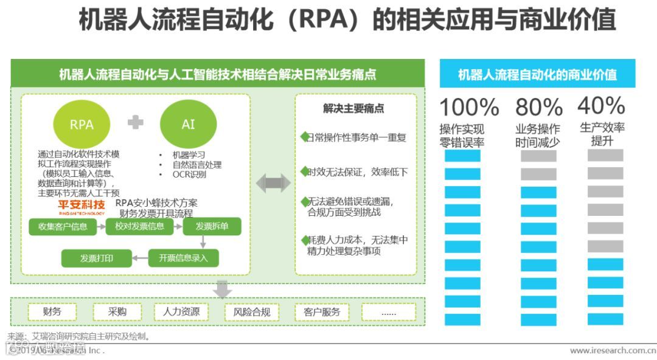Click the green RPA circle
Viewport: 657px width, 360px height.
point(82,124)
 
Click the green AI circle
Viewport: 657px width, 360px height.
point(188,124)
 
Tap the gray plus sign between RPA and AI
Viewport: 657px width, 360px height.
point(136,122)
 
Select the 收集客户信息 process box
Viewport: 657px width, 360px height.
point(63,227)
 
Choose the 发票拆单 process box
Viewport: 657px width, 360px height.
point(212,227)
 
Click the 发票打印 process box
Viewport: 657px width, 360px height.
point(97,258)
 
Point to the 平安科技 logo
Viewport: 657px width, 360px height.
point(81,206)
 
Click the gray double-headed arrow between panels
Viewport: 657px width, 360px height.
point(273,182)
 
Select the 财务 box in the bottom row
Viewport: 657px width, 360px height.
point(52,312)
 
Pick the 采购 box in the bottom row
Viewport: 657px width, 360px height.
point(117,312)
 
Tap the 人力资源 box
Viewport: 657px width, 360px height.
point(181,312)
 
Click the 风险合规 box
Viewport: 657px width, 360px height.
point(252,312)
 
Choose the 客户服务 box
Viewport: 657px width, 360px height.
point(322,312)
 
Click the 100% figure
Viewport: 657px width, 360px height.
point(469,108)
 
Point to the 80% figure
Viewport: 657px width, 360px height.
point(539,108)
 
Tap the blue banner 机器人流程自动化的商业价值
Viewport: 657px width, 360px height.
point(537,75)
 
